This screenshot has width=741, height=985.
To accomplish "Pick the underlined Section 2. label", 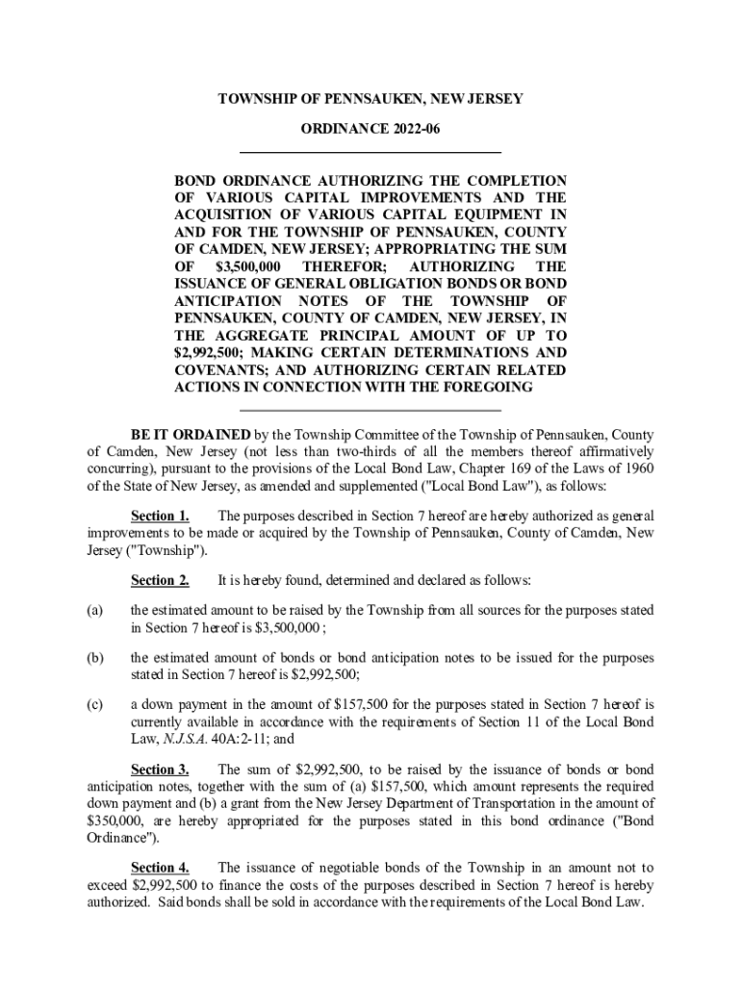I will click(160, 580).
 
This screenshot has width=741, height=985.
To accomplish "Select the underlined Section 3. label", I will click(160, 770).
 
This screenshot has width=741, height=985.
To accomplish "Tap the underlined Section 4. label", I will click(160, 867).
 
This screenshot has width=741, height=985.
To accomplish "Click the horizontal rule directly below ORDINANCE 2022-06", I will click(370, 152).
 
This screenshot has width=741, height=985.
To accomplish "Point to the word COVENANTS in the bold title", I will click(217, 370).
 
